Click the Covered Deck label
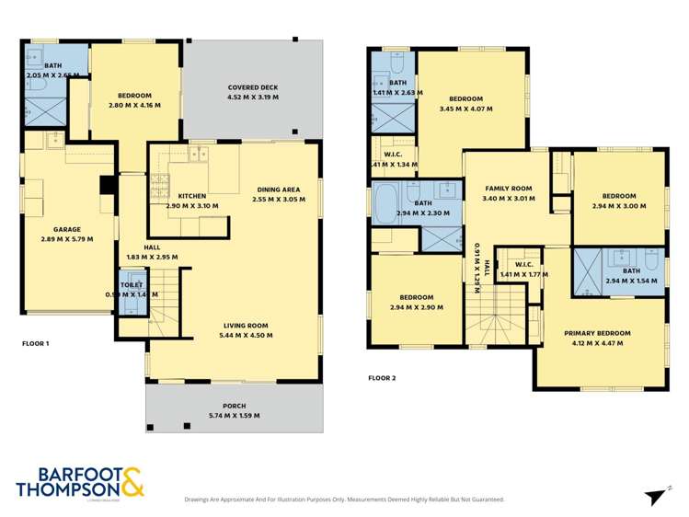(x=252, y=88)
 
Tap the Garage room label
(x=66, y=229)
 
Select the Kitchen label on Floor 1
(x=192, y=195)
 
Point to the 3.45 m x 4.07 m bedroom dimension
(x=465, y=109)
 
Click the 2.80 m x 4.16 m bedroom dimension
(x=134, y=106)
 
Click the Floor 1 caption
(x=36, y=343)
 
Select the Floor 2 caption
(x=381, y=377)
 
